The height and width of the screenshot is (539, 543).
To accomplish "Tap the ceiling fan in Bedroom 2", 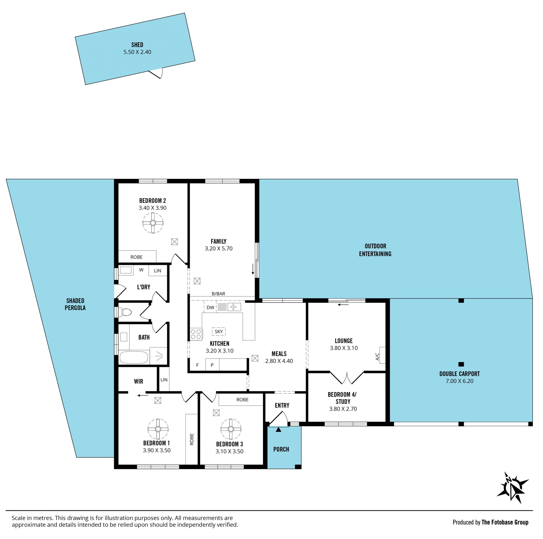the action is click(x=153, y=223).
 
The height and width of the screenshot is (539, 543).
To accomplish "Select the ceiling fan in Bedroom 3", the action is click(x=231, y=429).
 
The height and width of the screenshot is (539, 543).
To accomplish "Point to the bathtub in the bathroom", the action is click(x=134, y=357).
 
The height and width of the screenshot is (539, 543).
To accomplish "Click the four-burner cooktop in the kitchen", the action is click(x=196, y=334).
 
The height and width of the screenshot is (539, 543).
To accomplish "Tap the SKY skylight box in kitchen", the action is click(x=219, y=331).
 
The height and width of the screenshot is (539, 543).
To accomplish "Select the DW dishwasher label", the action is click(x=210, y=308).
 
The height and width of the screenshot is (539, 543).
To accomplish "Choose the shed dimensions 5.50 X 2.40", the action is click(x=137, y=52).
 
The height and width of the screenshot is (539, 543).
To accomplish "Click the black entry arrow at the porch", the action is click(x=279, y=430).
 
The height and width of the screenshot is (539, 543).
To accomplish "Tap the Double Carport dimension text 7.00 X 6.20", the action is click(x=460, y=381).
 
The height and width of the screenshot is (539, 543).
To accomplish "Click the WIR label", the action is click(x=139, y=381).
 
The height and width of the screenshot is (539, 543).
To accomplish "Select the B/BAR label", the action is click(x=218, y=294).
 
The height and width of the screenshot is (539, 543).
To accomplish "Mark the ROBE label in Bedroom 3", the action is click(x=242, y=400).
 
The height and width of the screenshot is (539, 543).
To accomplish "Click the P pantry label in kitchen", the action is click(x=212, y=365).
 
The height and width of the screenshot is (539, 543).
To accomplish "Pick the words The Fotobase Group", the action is click(x=505, y=522).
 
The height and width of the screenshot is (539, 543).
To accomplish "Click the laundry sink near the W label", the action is click(x=126, y=270).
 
